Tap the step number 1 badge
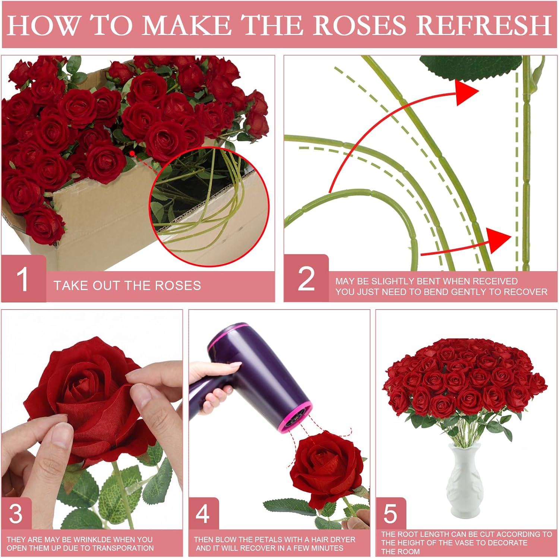23,279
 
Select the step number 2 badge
306,279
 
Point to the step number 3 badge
16,514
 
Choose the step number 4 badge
203,514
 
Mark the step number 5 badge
390,514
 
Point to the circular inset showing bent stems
209,207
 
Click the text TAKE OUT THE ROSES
127,286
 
